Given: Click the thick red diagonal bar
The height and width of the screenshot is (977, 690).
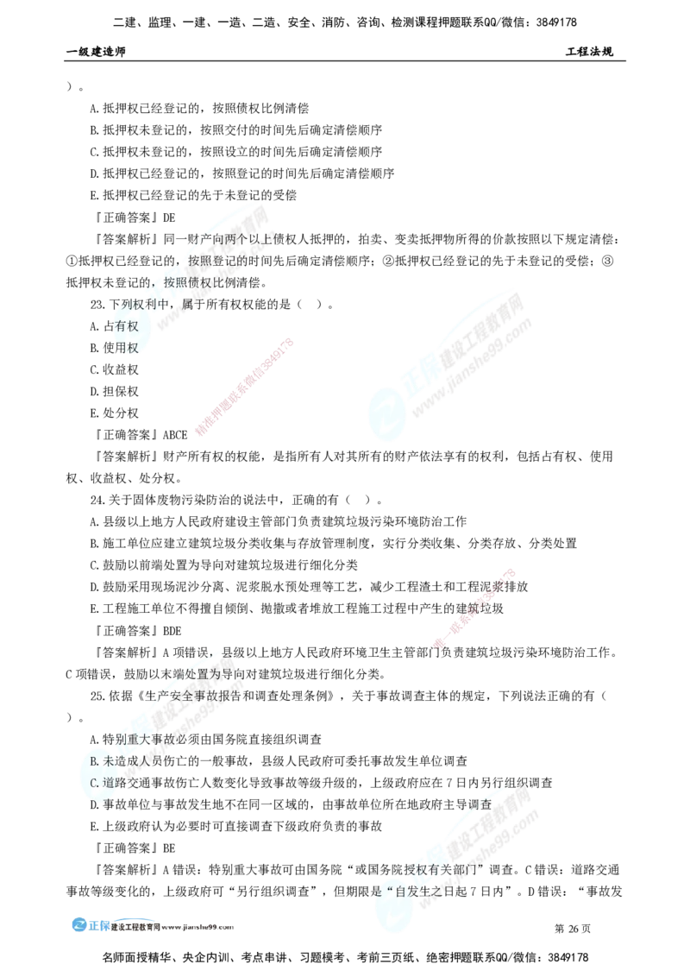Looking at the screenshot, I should pos(245,387).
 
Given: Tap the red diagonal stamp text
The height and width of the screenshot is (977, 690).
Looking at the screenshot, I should pos(474,608).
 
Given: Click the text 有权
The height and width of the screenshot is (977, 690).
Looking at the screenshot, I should pos(126,326).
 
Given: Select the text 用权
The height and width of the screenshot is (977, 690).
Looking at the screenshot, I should pos(128,348).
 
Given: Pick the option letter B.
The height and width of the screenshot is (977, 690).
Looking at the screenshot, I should pos(94,761).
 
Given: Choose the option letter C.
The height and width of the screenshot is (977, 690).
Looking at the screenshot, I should pos(94,782).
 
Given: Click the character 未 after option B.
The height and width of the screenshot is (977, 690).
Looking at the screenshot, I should pos(108,761).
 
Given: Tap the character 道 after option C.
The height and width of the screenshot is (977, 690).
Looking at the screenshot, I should pos(108,782).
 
